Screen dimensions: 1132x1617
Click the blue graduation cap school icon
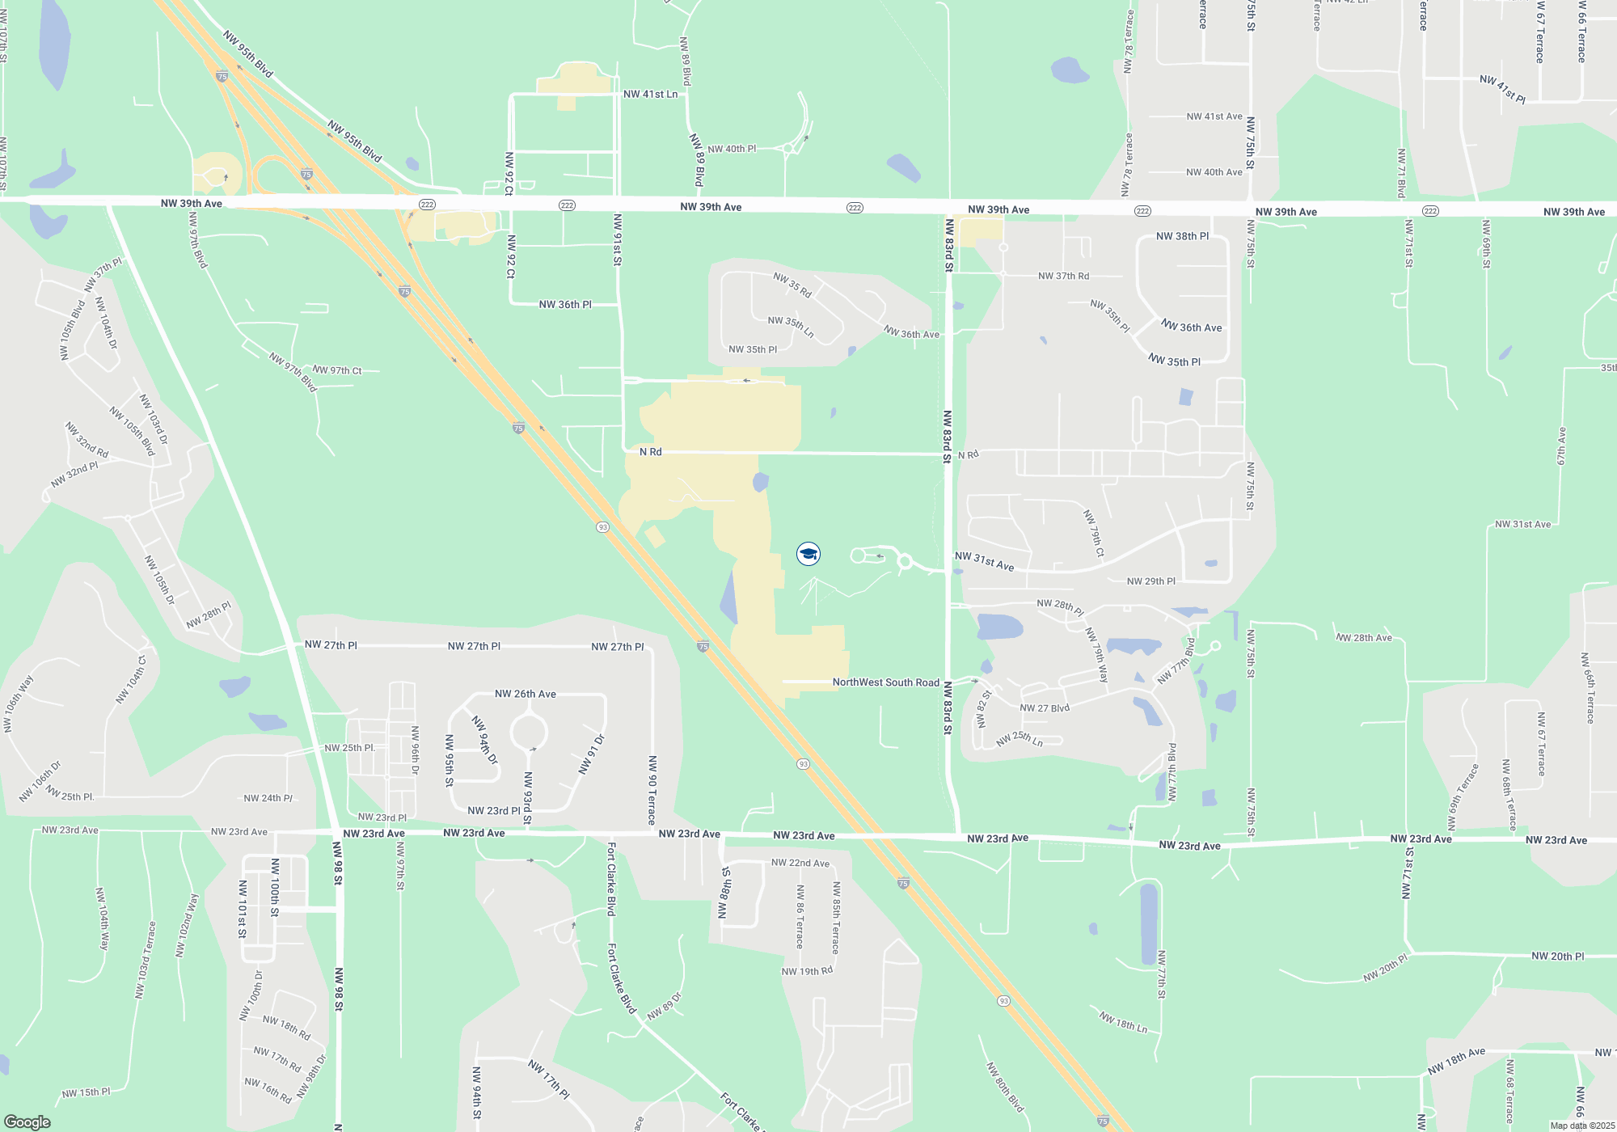point(808,554)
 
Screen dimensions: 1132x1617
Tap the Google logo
point(27,1122)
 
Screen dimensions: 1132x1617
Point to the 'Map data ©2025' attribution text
point(1582,1126)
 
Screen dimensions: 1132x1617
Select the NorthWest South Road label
point(885,682)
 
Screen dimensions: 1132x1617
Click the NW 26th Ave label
point(525,694)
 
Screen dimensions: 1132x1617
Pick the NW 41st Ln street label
point(650,95)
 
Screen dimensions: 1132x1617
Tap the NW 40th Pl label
point(732,149)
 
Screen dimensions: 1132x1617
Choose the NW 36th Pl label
point(565,305)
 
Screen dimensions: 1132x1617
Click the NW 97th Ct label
point(337,370)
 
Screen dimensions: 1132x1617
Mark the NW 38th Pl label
point(1182,236)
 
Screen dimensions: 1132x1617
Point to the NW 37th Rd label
point(1063,277)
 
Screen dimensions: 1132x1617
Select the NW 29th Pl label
point(1150,581)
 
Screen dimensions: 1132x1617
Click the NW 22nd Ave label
point(800,863)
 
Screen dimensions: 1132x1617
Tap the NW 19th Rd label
point(806,971)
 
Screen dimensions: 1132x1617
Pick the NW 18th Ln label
point(1123,1023)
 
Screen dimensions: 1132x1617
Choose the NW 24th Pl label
point(268,798)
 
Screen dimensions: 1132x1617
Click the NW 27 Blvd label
point(1044,708)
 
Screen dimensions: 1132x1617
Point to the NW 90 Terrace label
point(652,790)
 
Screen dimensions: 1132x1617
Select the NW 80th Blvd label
point(1005,1088)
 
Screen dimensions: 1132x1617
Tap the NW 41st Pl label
point(1502,90)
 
